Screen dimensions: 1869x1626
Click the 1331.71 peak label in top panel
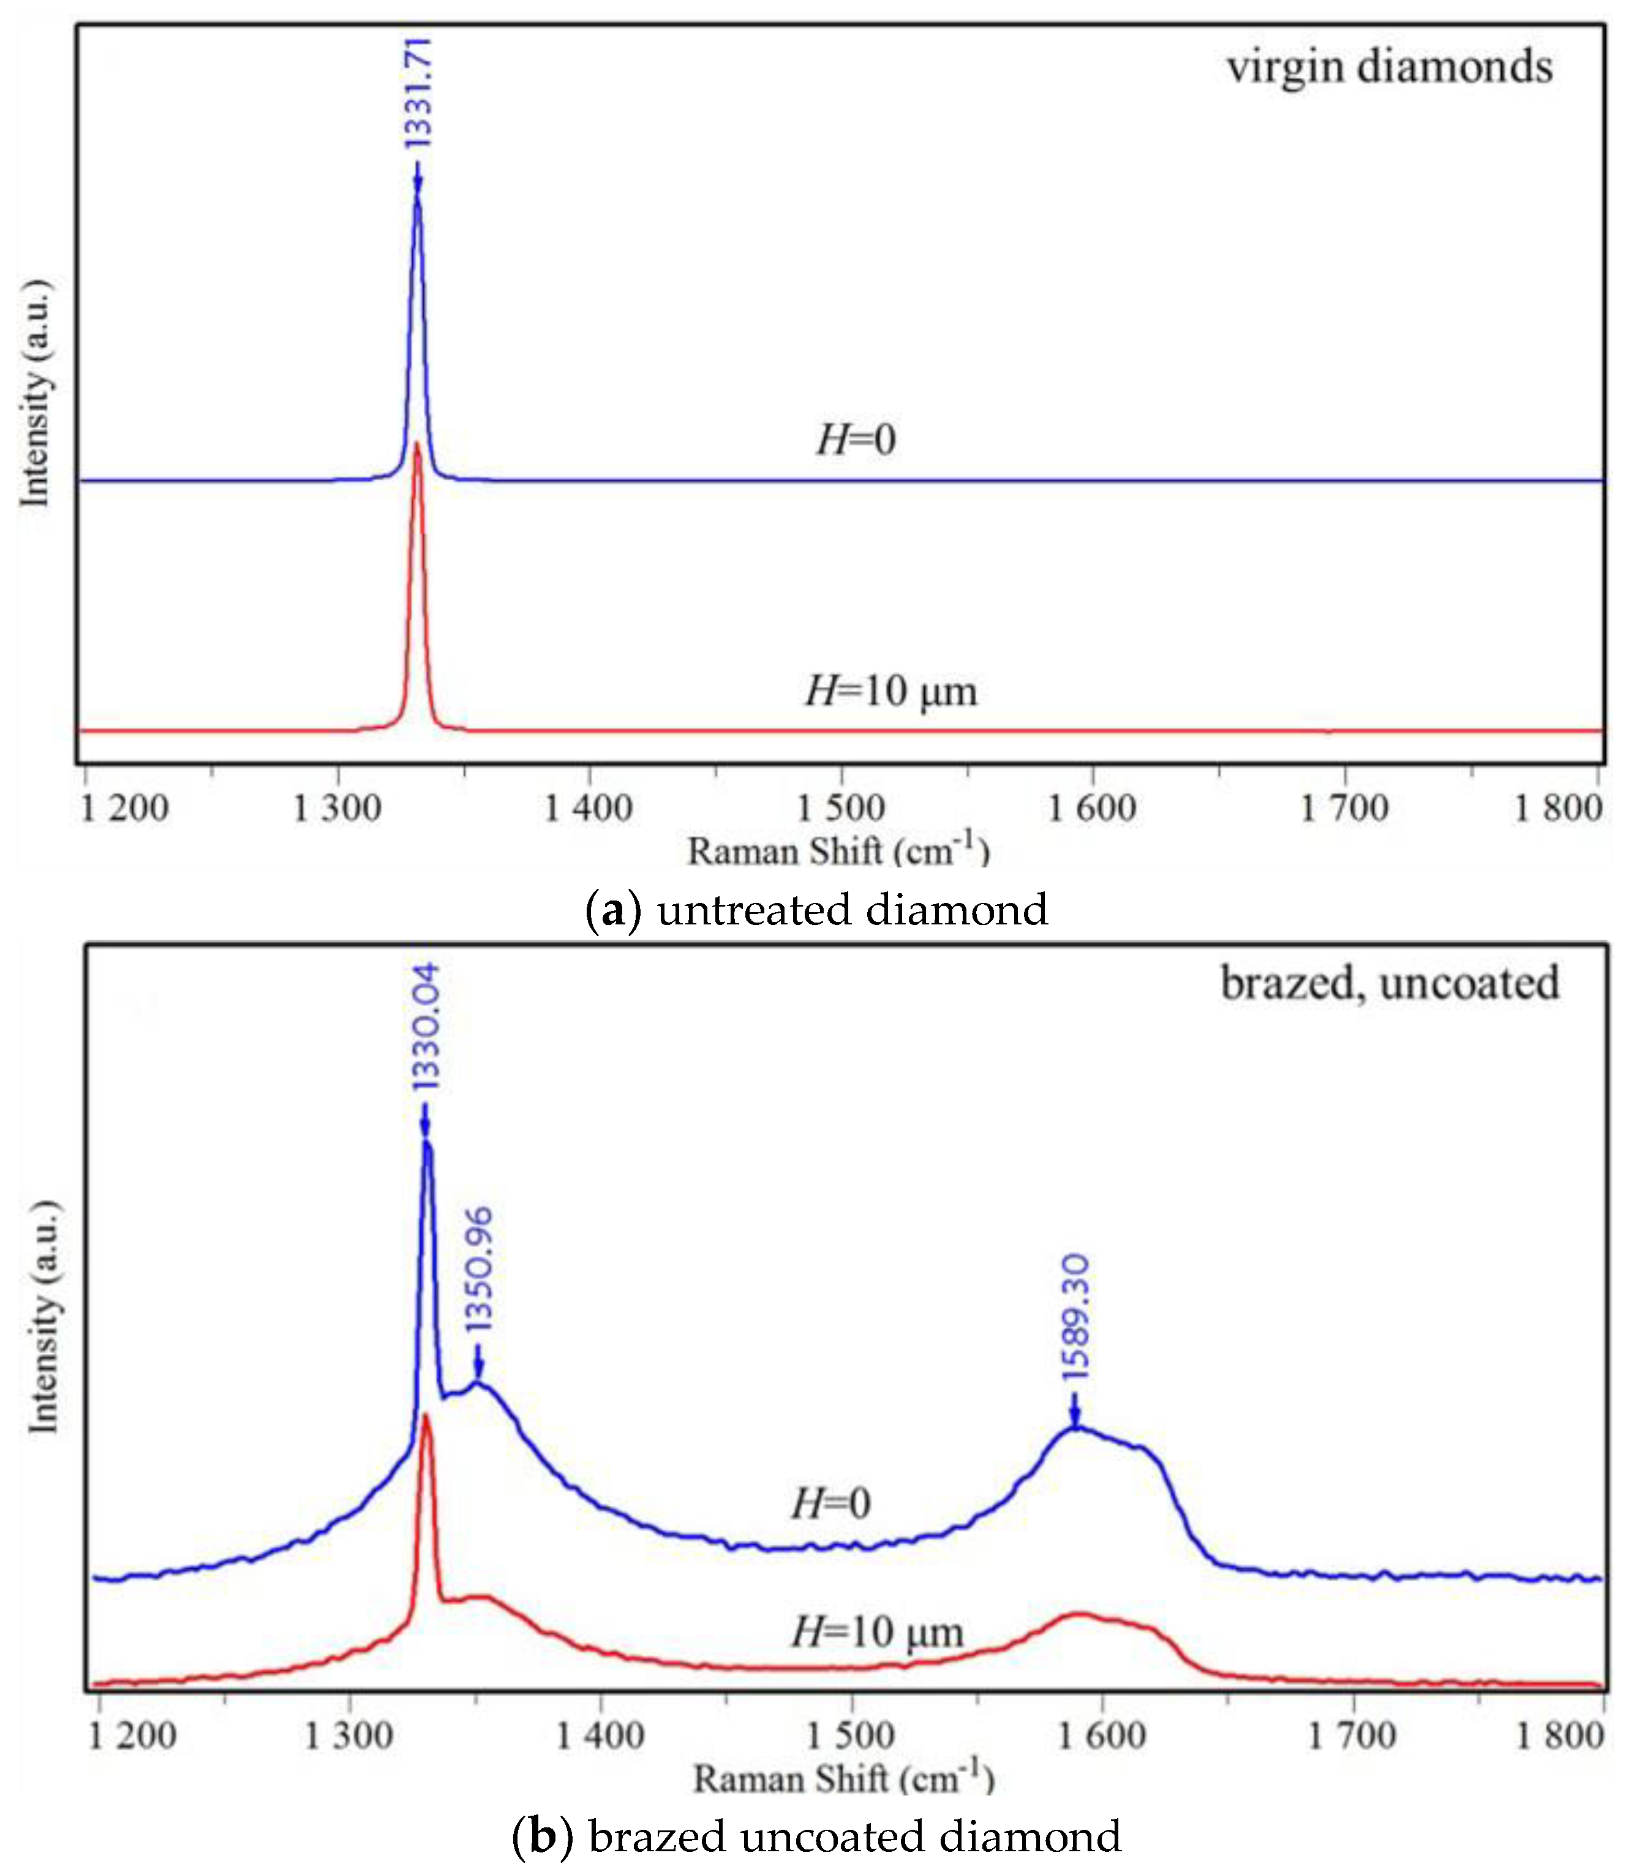[418, 93]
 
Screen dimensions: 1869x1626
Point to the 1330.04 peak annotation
[424, 1027]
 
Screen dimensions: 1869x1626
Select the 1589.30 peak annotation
[1075, 1317]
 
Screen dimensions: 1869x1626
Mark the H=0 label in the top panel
[856, 440]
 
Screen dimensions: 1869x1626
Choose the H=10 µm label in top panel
[891, 691]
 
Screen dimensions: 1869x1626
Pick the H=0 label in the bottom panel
[830, 1504]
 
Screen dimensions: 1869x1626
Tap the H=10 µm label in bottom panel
[876, 1632]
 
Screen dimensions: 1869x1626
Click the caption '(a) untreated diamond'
[816, 910]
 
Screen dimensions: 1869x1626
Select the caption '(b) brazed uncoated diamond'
[816, 1835]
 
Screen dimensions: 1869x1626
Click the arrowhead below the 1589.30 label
[1075, 1421]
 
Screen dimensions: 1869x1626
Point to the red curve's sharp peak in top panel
[418, 447]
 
